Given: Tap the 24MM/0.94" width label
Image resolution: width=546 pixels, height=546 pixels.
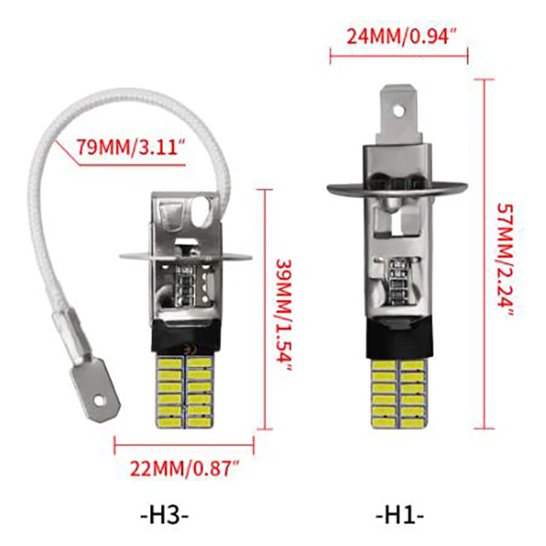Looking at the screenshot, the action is coord(401,35).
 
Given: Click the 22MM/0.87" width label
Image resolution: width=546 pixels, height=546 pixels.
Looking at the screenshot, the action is coord(185,468).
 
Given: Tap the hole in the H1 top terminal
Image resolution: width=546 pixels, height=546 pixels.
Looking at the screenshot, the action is coord(399,111).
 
